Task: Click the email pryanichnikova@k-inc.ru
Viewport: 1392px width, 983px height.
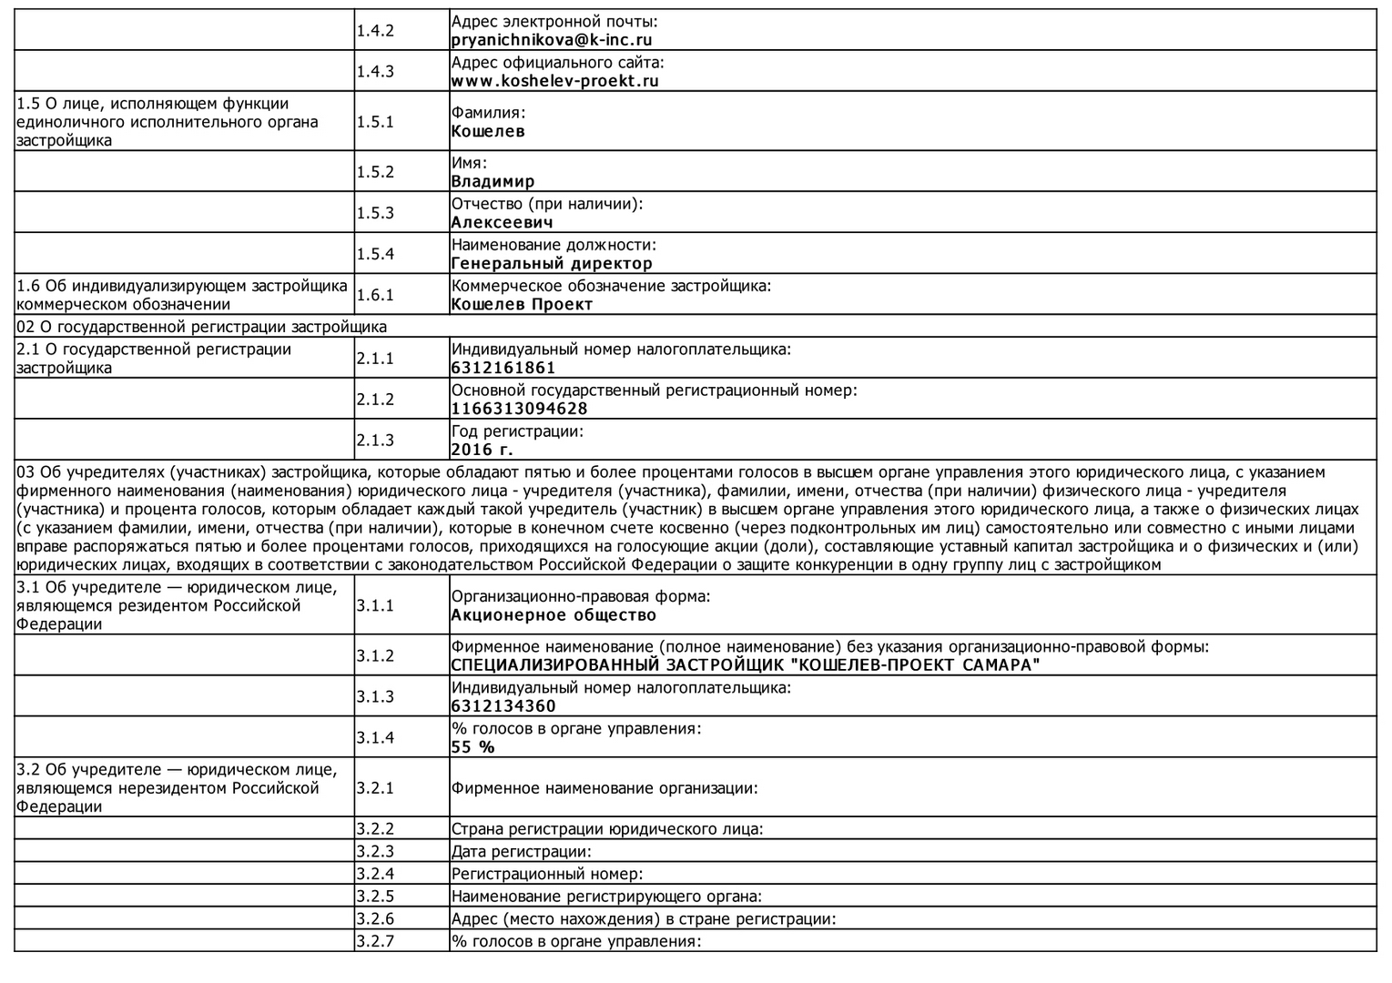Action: (x=552, y=40)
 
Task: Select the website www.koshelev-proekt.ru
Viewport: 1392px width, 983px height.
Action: (x=554, y=81)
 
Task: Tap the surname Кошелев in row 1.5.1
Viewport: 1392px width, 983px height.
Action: (x=488, y=131)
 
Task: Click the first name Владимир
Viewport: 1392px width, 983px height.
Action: (x=493, y=181)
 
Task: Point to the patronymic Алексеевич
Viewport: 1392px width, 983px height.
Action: (x=502, y=222)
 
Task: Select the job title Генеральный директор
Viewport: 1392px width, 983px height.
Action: (x=552, y=263)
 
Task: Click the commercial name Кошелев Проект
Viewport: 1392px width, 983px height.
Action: (x=522, y=304)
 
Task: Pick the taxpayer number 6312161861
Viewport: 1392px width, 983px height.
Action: (x=503, y=368)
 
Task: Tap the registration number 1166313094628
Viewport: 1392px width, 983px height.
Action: (x=519, y=409)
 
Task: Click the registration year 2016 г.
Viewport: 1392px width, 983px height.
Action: (x=483, y=450)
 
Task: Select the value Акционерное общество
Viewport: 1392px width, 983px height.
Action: (x=554, y=615)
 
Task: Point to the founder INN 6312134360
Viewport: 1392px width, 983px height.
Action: (x=503, y=706)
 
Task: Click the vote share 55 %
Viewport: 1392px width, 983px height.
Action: (x=473, y=747)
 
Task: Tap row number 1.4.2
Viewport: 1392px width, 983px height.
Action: (x=375, y=31)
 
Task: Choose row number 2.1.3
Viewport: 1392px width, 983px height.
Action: (x=375, y=441)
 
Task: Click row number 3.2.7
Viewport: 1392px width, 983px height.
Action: (x=375, y=941)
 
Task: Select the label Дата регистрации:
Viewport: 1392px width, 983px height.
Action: (x=522, y=852)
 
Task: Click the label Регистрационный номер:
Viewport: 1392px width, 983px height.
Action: (x=547, y=875)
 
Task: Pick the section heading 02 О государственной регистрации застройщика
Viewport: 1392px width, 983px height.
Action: (x=202, y=327)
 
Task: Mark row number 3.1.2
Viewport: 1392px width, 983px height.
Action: (x=375, y=656)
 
